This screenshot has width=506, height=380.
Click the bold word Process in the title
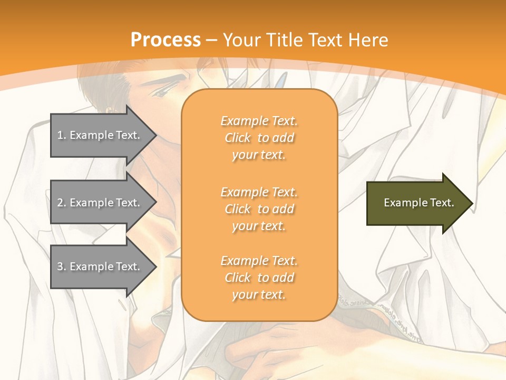pyautogui.click(x=166, y=40)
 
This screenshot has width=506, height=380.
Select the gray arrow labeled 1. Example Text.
pyautogui.click(x=100, y=135)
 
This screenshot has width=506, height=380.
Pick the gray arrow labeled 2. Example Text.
pyautogui.click(x=100, y=203)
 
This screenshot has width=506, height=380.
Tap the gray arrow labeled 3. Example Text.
pyautogui.click(x=100, y=267)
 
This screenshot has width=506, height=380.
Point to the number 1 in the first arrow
pyautogui.click(x=60, y=135)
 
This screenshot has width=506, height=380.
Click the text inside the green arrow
pyautogui.click(x=419, y=203)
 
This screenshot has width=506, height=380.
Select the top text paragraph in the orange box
pyautogui.click(x=259, y=138)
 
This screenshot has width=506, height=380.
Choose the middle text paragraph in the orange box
pyautogui.click(x=259, y=209)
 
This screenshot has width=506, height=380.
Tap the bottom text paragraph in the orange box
pyautogui.click(x=259, y=278)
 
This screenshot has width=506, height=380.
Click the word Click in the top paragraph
pyautogui.click(x=238, y=138)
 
